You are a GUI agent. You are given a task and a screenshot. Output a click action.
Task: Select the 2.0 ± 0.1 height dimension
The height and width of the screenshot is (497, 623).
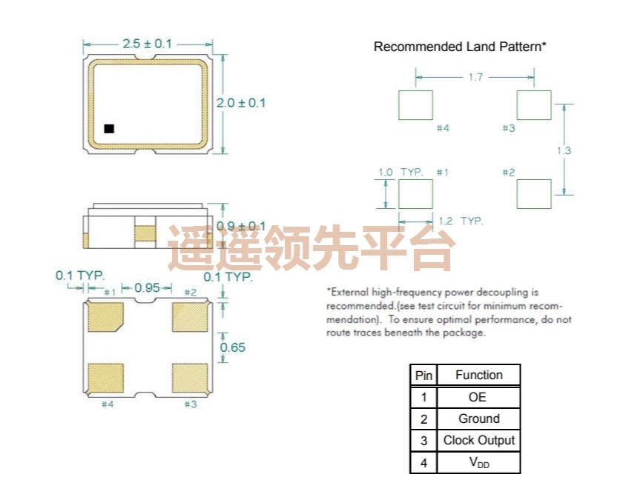[x=240, y=102]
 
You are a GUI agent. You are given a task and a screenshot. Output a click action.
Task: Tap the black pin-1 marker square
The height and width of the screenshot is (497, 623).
[x=109, y=128]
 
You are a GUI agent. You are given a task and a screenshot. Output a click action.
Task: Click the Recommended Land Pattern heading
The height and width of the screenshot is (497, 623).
[x=460, y=47]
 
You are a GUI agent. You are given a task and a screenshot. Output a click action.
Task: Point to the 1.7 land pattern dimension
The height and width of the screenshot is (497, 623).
[x=476, y=76]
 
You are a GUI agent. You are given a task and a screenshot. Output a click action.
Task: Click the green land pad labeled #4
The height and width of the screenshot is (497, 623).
[x=415, y=105]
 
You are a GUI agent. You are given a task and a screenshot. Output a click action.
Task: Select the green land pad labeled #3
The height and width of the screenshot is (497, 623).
[x=533, y=105]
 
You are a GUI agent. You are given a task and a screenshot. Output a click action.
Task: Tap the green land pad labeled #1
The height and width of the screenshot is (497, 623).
[x=415, y=194]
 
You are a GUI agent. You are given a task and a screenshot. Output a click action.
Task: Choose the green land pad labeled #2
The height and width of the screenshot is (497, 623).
[x=533, y=194]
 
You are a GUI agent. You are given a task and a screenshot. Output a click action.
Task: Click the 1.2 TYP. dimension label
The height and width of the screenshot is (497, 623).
[x=461, y=221]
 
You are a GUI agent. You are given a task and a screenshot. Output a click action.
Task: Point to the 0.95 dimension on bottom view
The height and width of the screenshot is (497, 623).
[x=147, y=287]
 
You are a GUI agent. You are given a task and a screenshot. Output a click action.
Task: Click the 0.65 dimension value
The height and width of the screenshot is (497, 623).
[x=233, y=347]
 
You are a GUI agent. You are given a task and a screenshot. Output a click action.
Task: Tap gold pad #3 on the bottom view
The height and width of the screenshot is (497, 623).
[x=188, y=378]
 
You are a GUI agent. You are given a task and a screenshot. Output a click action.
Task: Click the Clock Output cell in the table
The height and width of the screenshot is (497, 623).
[x=478, y=441]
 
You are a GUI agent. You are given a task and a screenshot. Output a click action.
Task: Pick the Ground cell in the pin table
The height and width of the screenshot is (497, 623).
[x=478, y=418]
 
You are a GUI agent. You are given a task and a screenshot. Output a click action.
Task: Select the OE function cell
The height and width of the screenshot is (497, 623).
[x=478, y=397]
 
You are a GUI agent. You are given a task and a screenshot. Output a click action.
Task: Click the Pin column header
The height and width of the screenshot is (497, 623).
[x=423, y=376]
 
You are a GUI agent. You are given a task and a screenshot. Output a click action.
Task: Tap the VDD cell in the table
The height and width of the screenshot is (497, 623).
[x=478, y=464]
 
